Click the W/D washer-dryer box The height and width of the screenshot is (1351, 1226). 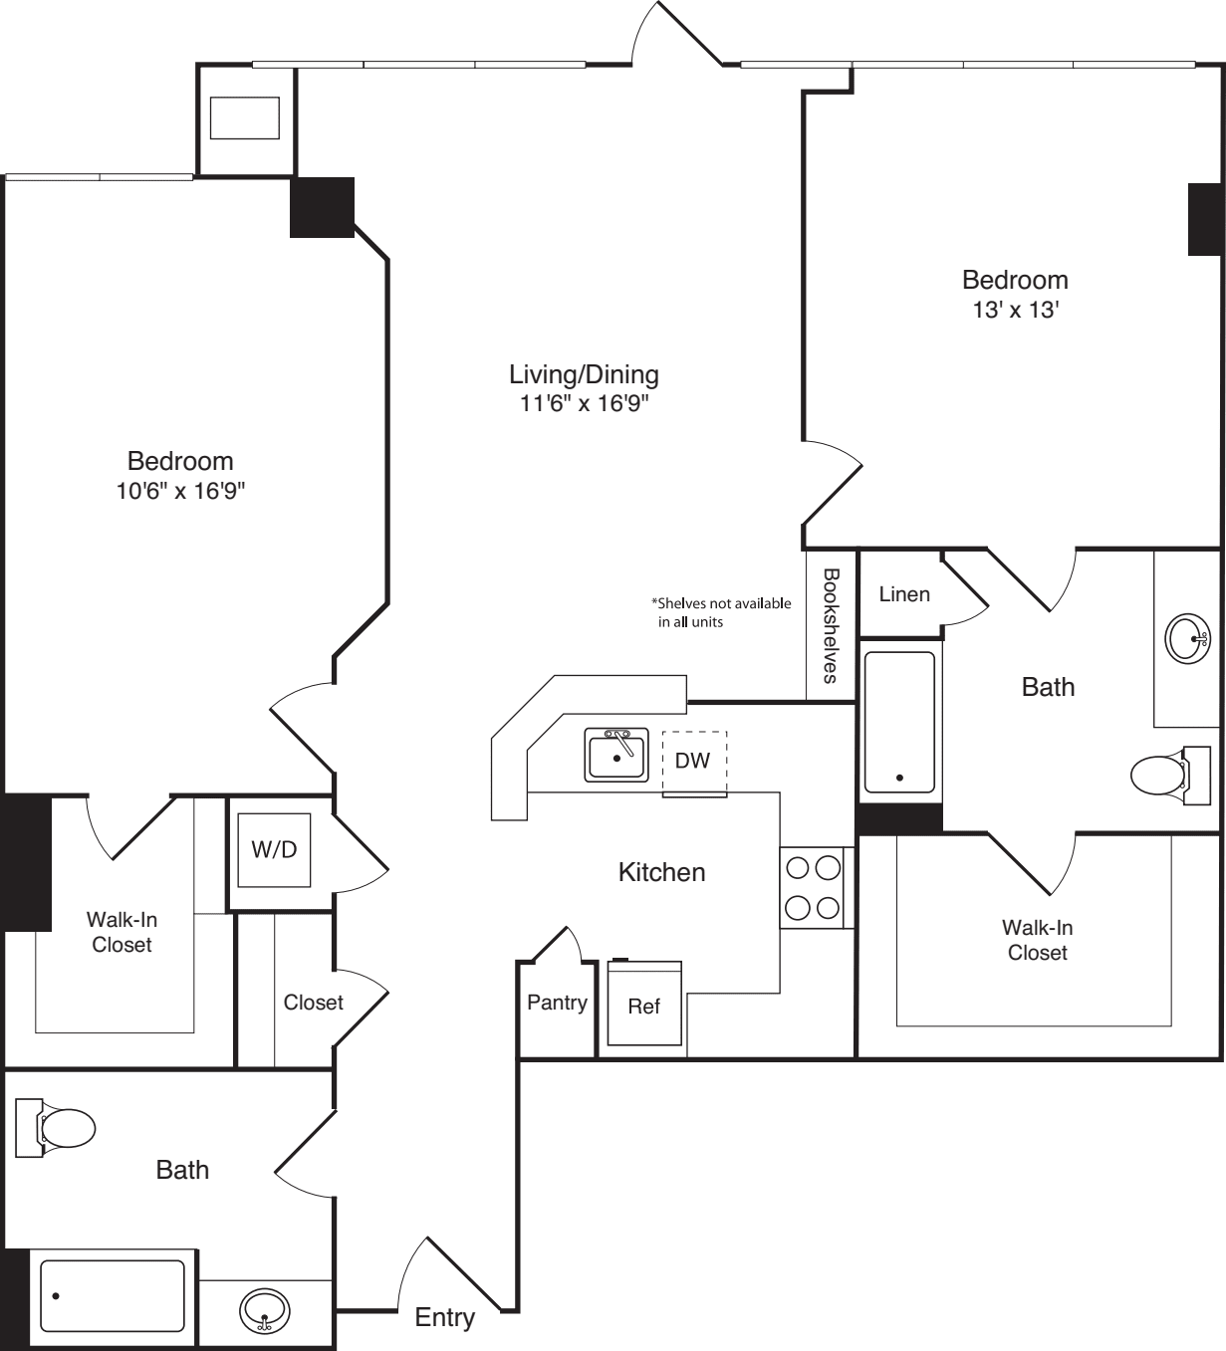(274, 850)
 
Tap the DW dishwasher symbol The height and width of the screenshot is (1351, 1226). (694, 762)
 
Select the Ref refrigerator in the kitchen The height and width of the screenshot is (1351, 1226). (644, 1005)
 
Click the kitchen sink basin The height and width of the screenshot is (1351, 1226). (615, 756)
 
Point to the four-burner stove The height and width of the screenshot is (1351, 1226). (813, 888)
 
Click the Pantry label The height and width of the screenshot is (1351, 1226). (557, 1003)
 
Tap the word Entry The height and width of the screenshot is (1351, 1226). (444, 1317)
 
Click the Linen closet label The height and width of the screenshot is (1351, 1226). (904, 594)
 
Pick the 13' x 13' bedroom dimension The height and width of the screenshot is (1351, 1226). (1015, 310)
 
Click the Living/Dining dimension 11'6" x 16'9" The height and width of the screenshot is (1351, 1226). (584, 403)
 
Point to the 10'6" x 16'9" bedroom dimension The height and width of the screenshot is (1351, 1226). (180, 491)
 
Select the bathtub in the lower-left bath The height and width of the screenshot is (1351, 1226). (113, 1295)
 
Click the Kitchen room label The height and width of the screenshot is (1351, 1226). (661, 872)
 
